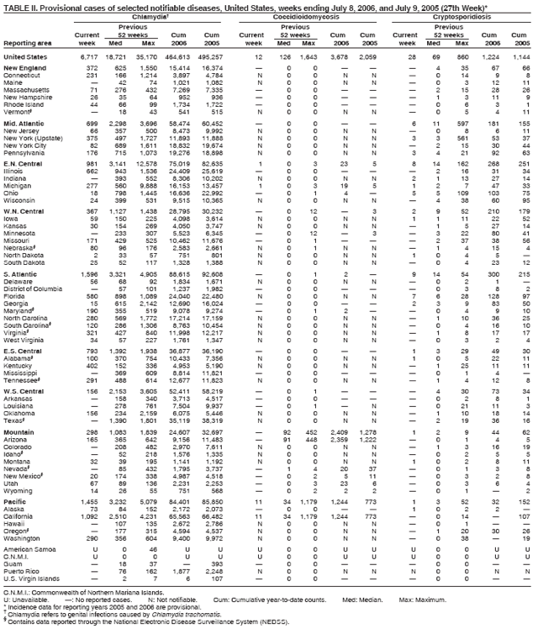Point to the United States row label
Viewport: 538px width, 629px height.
coord(26,55)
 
